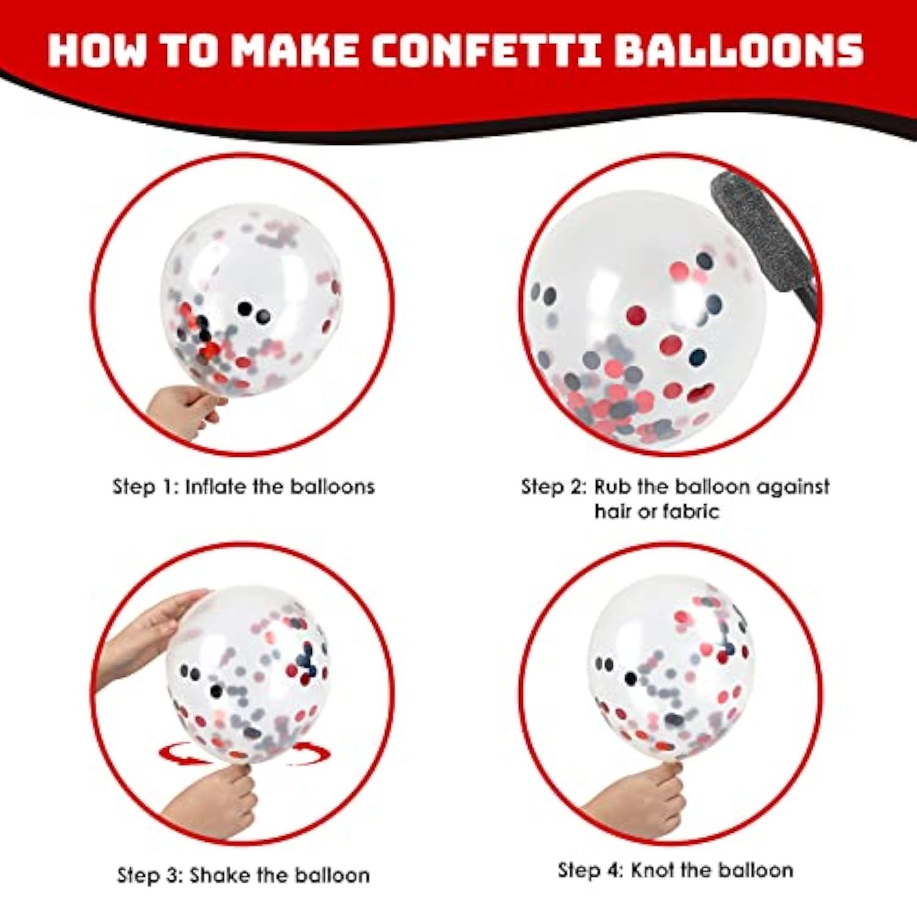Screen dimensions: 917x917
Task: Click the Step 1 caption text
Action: (x=243, y=487)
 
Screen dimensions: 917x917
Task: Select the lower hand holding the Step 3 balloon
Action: (x=217, y=801)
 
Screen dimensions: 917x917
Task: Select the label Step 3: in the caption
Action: (x=150, y=875)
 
